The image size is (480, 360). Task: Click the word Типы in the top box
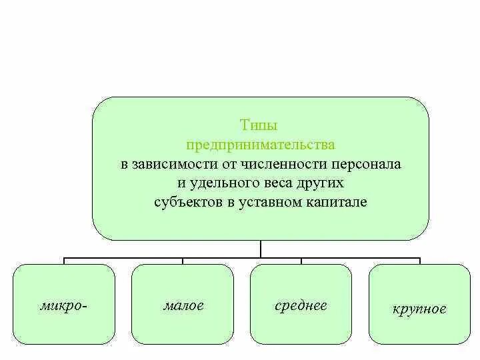click(258, 125)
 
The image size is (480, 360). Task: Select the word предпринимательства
click(260, 145)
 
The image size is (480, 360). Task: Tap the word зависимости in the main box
click(170, 164)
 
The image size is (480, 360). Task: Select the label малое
click(183, 306)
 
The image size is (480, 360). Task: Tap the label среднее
click(301, 306)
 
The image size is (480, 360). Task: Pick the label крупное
click(419, 309)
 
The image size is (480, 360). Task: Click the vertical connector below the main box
click(261, 248)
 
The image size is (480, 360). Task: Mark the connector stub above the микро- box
click(64, 260)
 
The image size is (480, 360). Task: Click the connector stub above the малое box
click(182, 260)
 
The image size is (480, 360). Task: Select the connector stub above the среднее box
click(301, 260)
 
